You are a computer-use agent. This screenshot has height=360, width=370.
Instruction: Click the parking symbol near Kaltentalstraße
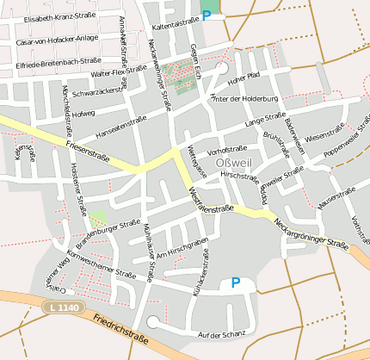click(207, 15)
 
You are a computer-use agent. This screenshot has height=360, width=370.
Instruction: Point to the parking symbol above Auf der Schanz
click(235, 282)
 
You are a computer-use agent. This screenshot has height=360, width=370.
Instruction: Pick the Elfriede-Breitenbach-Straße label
click(59, 62)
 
